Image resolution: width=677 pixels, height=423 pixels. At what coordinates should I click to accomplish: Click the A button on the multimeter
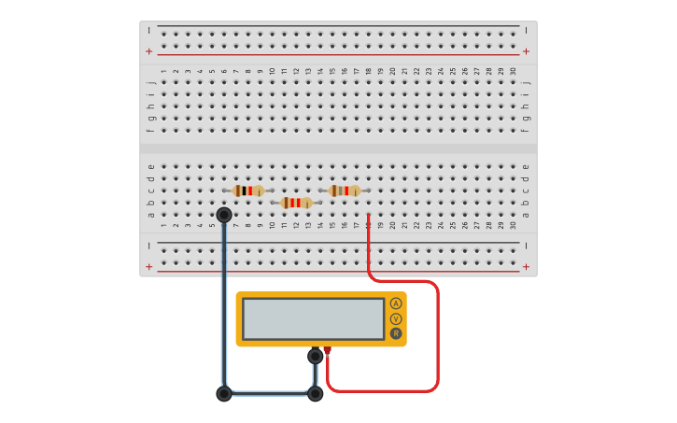[x=396, y=303]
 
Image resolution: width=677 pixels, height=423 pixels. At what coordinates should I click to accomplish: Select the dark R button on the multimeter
[x=396, y=333]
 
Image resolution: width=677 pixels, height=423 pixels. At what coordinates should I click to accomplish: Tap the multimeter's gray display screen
[x=313, y=318]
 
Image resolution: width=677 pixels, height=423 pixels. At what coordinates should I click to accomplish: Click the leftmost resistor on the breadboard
[x=248, y=190]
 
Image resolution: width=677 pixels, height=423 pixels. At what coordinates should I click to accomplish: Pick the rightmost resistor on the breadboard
[x=345, y=190]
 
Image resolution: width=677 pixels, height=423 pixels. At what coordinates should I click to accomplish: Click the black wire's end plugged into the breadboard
[x=224, y=215]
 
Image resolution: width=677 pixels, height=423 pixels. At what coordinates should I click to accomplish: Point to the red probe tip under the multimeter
[x=327, y=350]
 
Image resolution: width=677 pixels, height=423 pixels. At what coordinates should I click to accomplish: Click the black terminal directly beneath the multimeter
[x=316, y=356]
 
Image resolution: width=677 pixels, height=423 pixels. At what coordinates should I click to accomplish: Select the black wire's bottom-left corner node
[x=224, y=393]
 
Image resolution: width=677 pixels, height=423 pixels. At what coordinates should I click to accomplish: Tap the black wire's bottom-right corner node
[x=316, y=393]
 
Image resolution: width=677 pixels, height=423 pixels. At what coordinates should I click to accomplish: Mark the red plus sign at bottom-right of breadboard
[x=526, y=267]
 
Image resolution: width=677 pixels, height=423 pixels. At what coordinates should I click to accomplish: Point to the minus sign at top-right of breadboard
[x=526, y=30]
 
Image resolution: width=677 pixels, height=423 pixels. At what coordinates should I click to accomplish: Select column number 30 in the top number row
[x=513, y=71]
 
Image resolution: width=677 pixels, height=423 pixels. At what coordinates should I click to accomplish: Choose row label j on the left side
[x=151, y=83]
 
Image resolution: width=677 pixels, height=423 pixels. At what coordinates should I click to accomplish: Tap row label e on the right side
[x=526, y=166]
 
